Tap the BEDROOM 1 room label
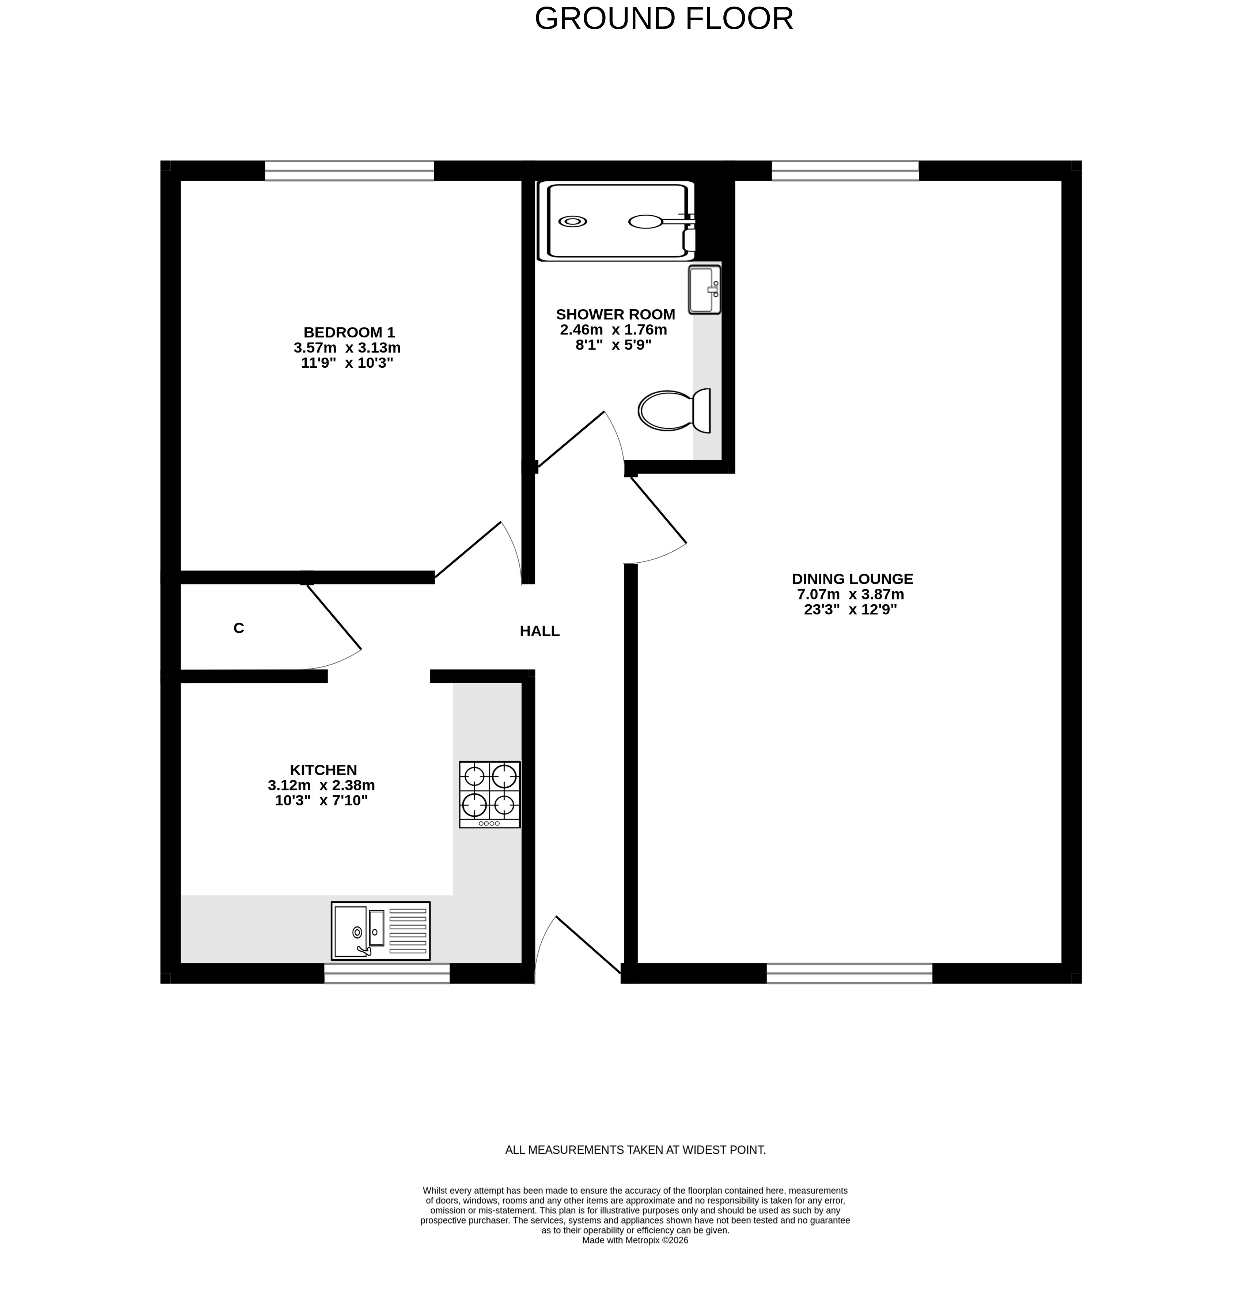(349, 332)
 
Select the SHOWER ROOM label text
(616, 315)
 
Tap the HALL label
(539, 631)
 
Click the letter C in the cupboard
(239, 628)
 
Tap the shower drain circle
(573, 221)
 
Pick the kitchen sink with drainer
(380, 930)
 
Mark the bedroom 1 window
(349, 171)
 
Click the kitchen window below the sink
(387, 973)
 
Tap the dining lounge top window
(845, 171)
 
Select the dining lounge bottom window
(849, 973)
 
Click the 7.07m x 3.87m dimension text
(850, 594)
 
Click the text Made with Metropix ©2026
(635, 1240)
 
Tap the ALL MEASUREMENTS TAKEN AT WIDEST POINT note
(635, 1150)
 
